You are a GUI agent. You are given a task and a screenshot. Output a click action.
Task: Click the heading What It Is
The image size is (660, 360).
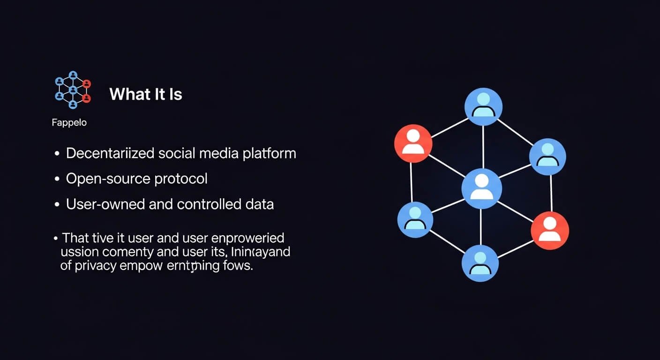[x=145, y=94]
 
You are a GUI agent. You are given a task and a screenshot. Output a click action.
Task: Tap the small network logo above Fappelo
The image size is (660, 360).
[x=73, y=90]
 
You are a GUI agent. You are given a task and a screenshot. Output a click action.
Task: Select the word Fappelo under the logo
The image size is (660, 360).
[x=69, y=123]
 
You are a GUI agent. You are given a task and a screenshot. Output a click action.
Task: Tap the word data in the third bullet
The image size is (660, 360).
[x=259, y=204]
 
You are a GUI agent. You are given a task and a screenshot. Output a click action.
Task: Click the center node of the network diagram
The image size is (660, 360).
[x=481, y=188]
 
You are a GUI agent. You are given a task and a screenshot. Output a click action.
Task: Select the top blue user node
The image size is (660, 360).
[x=483, y=106]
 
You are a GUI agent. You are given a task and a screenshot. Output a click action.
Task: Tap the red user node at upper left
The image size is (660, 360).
[x=413, y=143]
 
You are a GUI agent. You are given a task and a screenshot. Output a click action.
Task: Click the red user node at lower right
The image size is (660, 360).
[x=550, y=230]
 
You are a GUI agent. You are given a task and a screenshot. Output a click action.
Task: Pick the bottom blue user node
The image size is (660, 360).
[x=480, y=262]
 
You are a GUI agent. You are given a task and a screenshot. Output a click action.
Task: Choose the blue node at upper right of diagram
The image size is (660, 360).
[x=547, y=157]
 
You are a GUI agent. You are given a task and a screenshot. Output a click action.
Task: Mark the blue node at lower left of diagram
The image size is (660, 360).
[x=415, y=220]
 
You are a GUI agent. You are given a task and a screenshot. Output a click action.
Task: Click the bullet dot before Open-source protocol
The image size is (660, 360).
[x=57, y=179]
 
